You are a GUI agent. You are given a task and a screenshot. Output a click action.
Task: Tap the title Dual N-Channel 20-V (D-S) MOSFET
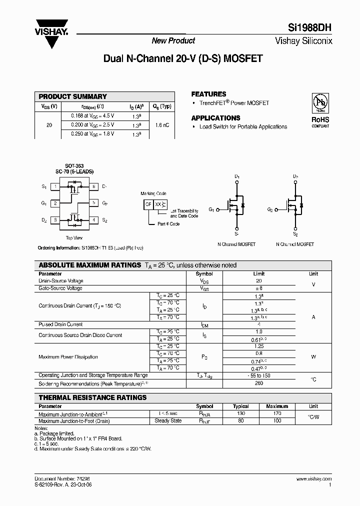tap(182, 58)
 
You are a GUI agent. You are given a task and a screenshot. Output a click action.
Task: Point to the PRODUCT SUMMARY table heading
tap(73, 96)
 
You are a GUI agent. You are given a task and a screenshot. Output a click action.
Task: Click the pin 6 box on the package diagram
tap(93, 186)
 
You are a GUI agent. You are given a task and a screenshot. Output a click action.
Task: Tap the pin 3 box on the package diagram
tap(55, 220)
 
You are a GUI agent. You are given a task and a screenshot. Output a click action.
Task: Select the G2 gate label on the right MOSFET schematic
tap(270, 209)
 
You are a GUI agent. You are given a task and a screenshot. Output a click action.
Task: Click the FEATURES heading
tap(208, 94)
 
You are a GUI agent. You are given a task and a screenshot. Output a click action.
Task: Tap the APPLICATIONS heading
tap(215, 118)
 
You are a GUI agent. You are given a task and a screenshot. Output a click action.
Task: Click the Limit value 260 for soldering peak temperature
tap(258, 384)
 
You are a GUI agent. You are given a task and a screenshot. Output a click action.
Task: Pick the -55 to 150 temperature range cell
tap(258, 375)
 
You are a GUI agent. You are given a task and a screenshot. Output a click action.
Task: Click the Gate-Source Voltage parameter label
tap(60, 288)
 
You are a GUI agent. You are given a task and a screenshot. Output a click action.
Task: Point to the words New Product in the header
tap(173, 40)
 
